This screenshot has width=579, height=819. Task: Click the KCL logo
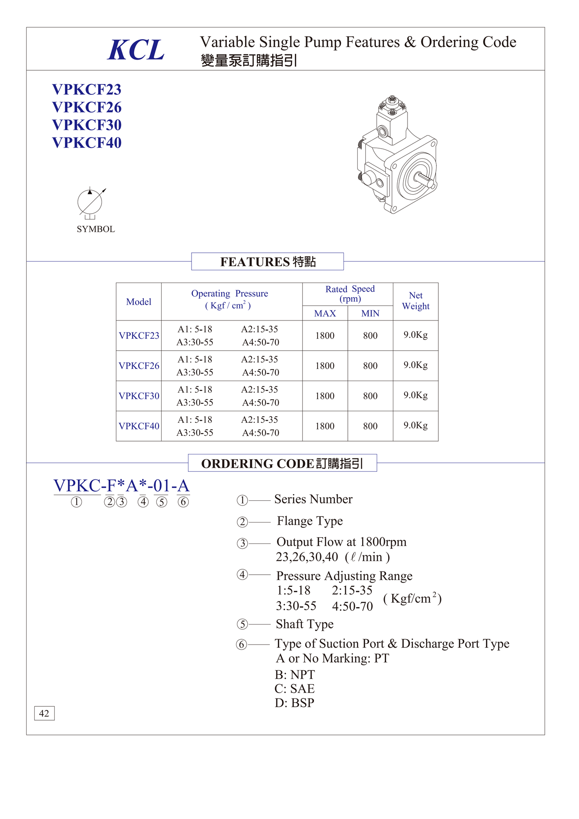coord(136,50)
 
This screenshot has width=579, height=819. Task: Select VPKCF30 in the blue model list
coord(87,125)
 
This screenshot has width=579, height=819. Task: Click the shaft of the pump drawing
coord(424,179)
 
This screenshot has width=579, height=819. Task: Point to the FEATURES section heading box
coord(267,262)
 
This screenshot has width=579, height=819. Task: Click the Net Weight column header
coord(415,301)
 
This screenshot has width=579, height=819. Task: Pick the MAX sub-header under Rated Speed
coord(325,313)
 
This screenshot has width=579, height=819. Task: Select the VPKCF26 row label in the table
coord(139,366)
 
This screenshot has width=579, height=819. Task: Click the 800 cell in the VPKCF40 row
coord(370,426)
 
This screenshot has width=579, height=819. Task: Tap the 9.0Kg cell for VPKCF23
coord(415,335)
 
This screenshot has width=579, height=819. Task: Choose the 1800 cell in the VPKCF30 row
coord(325,396)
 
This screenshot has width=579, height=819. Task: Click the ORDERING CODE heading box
coord(282,463)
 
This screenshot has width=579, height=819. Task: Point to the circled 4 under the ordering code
coord(143,502)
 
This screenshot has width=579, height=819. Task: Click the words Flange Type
coord(310,521)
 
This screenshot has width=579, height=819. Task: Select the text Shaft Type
coord(305,624)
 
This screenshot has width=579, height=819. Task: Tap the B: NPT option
coord(295,675)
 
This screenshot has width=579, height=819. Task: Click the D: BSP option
coord(295,703)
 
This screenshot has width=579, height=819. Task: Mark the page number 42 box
coord(44,713)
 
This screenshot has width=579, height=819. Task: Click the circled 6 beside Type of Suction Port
coord(241,644)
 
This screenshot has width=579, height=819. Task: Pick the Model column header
coord(139,302)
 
